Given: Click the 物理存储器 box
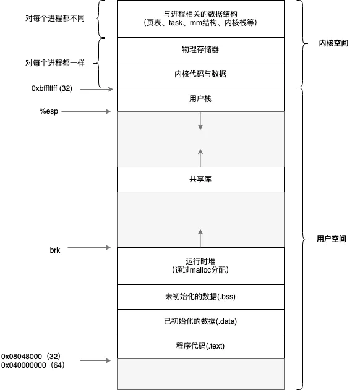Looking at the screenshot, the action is (x=200, y=49).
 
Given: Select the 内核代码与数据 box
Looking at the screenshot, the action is (x=200, y=74).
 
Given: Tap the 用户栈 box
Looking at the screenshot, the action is (x=200, y=99).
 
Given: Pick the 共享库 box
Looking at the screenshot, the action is (x=200, y=179).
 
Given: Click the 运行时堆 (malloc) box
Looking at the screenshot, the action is (x=200, y=266).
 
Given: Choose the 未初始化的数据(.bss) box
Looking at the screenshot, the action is (x=200, y=297).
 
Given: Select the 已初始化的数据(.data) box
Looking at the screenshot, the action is (x=200, y=321).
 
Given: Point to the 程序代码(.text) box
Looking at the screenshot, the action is (x=200, y=346).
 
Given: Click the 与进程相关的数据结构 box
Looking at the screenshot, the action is (x=200, y=19).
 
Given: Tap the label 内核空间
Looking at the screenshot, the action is (x=333, y=43).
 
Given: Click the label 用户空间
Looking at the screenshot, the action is (x=332, y=239).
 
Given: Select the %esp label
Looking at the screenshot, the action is (x=49, y=111).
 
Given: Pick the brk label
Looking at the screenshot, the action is (x=55, y=250).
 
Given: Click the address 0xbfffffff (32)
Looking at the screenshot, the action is (x=52, y=88).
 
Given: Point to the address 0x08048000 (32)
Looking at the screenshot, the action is (x=31, y=357).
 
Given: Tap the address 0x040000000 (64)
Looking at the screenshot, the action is (x=33, y=365).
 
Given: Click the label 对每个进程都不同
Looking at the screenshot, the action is (x=55, y=19).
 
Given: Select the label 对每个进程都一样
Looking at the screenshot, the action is (x=55, y=62).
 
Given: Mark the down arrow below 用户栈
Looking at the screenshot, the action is (x=200, y=121).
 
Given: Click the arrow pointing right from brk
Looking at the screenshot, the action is (x=89, y=247).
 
